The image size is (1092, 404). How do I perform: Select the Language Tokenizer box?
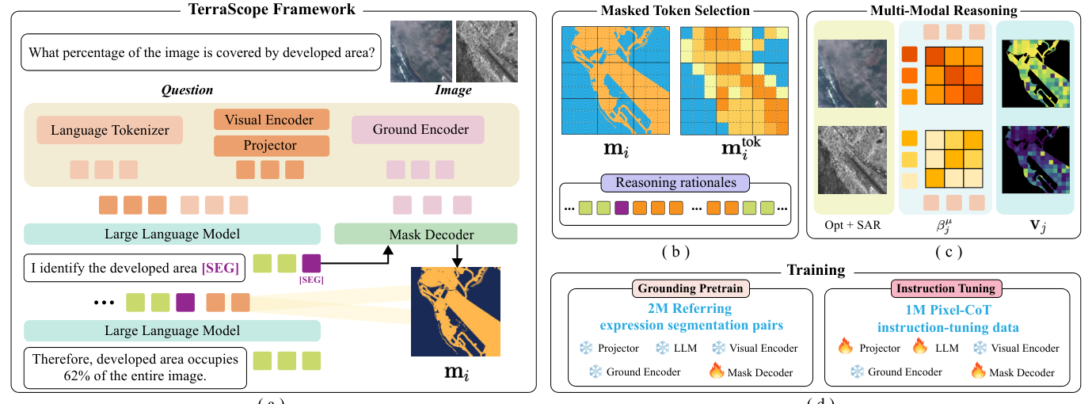pyautogui.click(x=109, y=130)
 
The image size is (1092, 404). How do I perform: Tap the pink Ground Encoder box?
pyautogui.click(x=417, y=130)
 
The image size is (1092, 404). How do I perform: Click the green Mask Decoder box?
pyautogui.click(x=426, y=234)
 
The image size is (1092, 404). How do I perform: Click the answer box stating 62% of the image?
pyautogui.click(x=135, y=368)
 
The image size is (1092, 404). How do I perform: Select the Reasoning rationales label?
pyautogui.click(x=675, y=182)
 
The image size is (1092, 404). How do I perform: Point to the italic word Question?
pyautogui.click(x=188, y=90)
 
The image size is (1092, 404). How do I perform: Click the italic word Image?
pyautogui.click(x=453, y=90)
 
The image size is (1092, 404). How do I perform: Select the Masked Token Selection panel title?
pyautogui.click(x=675, y=10)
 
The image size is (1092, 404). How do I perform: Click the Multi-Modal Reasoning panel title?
pyautogui.click(x=941, y=10)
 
